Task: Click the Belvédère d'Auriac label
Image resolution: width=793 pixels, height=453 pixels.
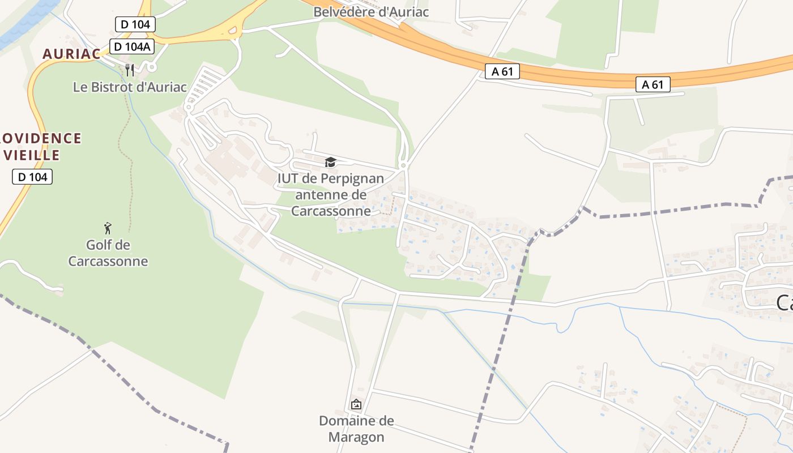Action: pos(371,12)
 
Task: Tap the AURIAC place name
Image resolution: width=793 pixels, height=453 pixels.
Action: pos(71,54)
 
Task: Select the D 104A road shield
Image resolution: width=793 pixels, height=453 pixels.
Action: pos(131,47)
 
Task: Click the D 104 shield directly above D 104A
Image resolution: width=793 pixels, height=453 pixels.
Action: pos(135,24)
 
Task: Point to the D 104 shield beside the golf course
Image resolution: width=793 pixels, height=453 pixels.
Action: pos(32,177)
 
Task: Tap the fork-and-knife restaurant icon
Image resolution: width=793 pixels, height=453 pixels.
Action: pos(130,70)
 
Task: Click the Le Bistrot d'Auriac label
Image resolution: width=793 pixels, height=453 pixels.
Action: pos(130,87)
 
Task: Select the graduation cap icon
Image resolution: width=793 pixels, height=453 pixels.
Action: pos(330,163)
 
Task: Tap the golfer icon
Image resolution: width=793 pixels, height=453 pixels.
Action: pos(108,228)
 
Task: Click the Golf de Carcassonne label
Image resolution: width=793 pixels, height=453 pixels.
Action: pos(108,253)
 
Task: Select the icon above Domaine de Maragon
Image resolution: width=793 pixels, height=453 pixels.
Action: pos(356,404)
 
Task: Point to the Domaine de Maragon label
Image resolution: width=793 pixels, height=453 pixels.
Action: pos(356,429)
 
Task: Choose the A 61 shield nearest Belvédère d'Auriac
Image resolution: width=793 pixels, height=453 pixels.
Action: pos(502,71)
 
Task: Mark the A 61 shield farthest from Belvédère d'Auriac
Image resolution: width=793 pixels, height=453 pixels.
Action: pos(653,85)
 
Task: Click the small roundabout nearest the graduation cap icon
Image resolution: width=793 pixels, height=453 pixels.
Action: pos(403,165)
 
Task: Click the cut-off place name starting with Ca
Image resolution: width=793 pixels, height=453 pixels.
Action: pos(784,303)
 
